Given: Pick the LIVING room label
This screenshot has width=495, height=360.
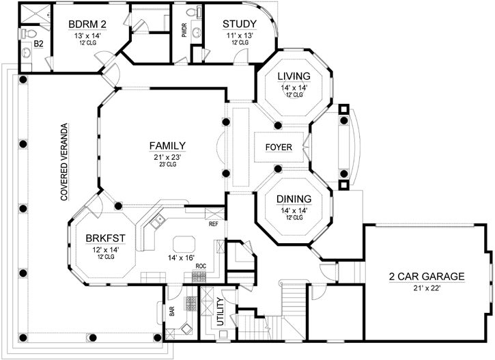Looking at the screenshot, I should point(294,76).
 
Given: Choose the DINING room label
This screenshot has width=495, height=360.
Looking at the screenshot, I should point(294,199).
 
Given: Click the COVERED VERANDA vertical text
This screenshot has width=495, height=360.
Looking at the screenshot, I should point(63,162).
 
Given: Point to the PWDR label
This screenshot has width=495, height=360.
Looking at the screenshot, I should point(184,30).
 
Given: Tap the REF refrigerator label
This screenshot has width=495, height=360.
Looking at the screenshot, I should point(213,223).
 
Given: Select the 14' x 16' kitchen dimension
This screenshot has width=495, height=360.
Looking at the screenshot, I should point(177,258).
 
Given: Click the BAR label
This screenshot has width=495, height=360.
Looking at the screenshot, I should point(172,312).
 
